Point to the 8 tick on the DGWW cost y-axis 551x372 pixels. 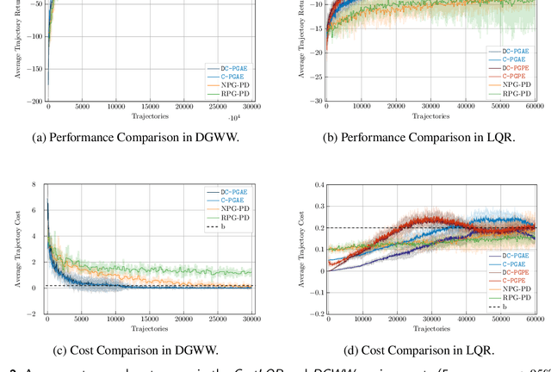34,184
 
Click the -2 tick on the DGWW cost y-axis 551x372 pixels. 32,314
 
